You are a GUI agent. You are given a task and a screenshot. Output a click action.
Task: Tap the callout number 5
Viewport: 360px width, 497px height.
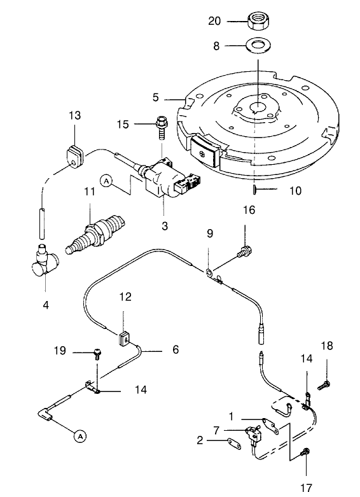pos(155,98)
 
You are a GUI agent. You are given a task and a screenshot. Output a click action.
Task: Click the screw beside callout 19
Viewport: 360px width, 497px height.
pos(97,351)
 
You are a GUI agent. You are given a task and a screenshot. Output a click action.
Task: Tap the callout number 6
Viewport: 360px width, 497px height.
pos(175,349)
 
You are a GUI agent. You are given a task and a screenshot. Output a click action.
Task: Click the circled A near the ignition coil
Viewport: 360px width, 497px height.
pos(106,181)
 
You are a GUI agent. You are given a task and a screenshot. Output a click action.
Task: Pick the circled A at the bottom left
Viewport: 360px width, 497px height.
pos(80,436)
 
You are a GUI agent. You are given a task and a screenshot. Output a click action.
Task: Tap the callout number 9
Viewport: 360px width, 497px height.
pos(210,234)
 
